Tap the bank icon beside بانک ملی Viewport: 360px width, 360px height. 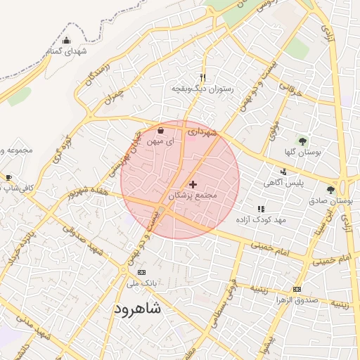pyautogui.click(x=142, y=272)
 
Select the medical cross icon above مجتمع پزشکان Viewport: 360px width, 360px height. pyautogui.click(x=193, y=184)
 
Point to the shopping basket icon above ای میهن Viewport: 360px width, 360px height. pyautogui.click(x=161, y=129)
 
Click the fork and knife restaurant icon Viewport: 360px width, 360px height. pyautogui.click(x=202, y=78)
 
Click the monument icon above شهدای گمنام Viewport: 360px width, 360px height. pyautogui.click(x=67, y=40)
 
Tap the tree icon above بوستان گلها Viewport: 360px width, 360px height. pyautogui.click(x=304, y=141)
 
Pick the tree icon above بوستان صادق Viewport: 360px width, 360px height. pyautogui.click(x=330, y=190)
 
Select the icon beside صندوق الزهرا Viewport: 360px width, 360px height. pyautogui.click(x=297, y=289)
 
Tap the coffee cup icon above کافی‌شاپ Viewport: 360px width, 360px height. pyautogui.click(x=8, y=177)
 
